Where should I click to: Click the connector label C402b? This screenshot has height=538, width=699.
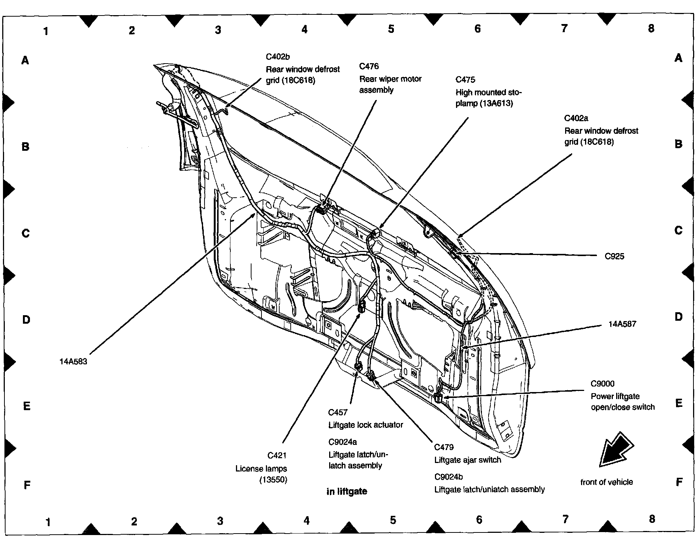click(278, 57)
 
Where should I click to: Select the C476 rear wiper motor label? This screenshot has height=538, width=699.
click(369, 67)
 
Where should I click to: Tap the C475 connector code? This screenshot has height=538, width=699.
click(465, 80)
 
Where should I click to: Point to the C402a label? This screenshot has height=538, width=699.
click(576, 118)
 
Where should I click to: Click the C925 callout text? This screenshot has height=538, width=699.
click(614, 256)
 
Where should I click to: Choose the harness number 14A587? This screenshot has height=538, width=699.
click(622, 324)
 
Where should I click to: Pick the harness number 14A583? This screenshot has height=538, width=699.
click(73, 362)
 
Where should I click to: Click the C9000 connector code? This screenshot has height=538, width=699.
click(602, 384)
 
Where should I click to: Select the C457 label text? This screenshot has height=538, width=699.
click(338, 412)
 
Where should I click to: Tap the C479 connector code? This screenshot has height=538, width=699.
click(444, 447)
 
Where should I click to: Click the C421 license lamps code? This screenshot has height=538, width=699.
click(277, 456)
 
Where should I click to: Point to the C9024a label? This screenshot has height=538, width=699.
click(343, 442)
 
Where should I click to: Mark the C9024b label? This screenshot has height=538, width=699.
click(449, 477)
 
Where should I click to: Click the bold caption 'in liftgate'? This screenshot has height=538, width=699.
click(347, 491)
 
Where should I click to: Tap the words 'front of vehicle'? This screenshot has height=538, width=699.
click(607, 482)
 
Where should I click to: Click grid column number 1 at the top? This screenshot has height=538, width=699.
click(46, 31)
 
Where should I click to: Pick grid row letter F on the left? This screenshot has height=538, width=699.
click(27, 485)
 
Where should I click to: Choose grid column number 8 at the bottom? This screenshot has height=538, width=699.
click(652, 519)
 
